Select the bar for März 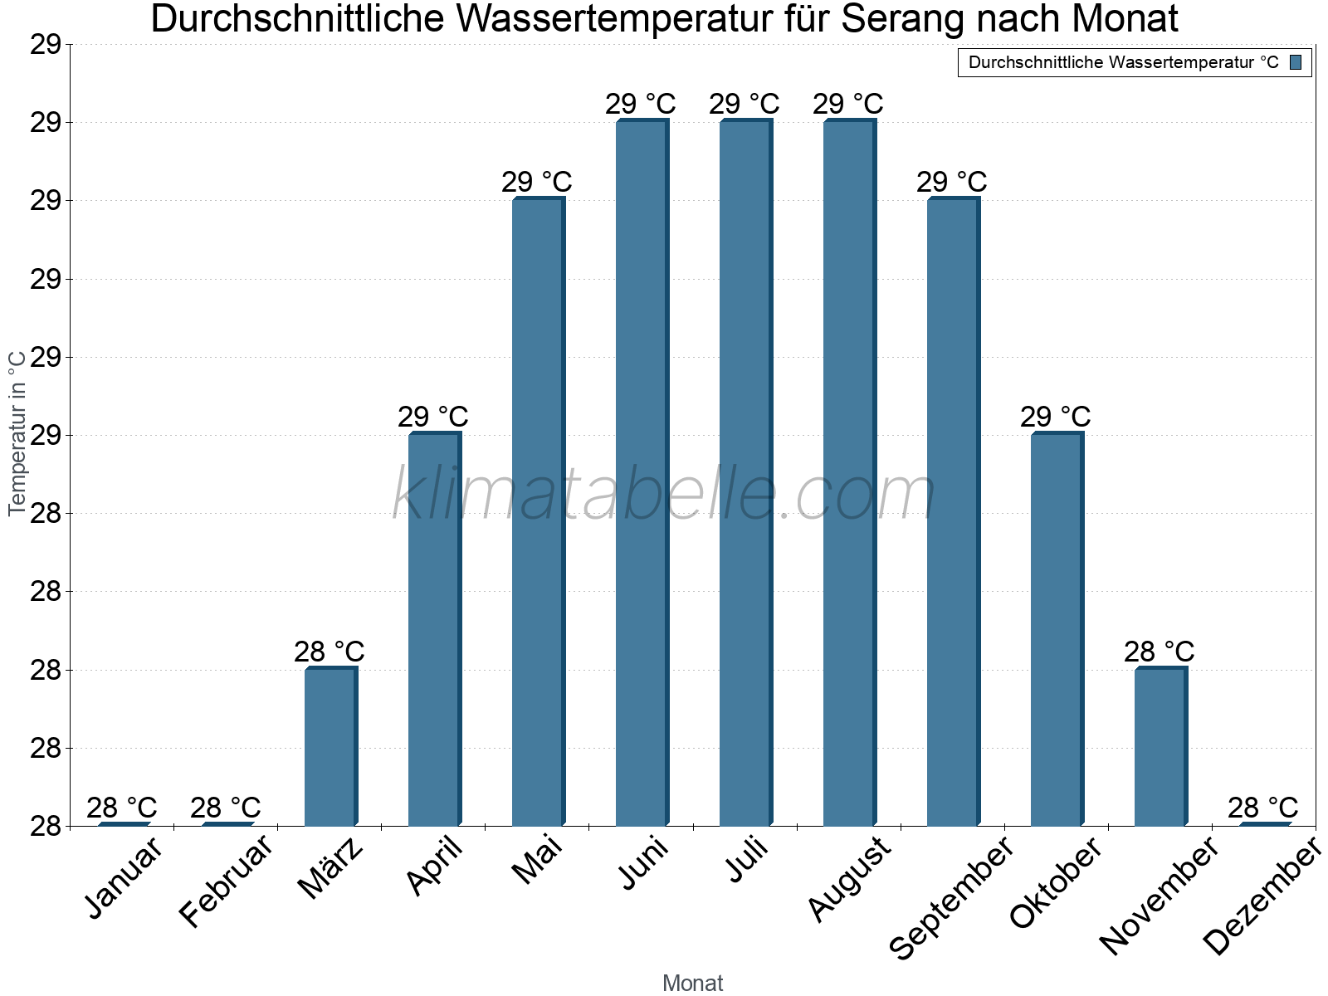(330, 747)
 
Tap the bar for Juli (745, 473)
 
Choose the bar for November (1160, 747)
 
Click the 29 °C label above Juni (640, 105)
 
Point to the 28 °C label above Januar (121, 808)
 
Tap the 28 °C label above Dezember (1262, 808)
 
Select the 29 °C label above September (951, 182)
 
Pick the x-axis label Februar (225, 881)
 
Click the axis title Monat (692, 984)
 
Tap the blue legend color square (1296, 62)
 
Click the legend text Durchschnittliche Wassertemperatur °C (1123, 62)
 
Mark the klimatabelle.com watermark (663, 495)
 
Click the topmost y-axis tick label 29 (46, 45)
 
